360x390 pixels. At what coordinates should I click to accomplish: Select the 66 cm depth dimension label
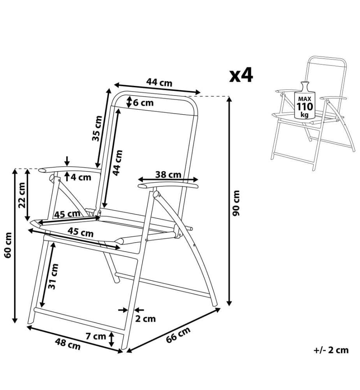pyautogui.click(x=178, y=335)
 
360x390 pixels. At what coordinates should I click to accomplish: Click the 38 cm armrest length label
pyautogui.click(x=168, y=175)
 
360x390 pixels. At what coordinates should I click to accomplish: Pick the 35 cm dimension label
pyautogui.click(x=97, y=128)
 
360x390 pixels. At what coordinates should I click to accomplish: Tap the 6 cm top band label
pyautogui.click(x=143, y=103)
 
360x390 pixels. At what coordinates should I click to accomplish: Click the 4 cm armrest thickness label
pyautogui.click(x=81, y=177)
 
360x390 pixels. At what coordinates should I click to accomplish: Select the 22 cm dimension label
pyautogui.click(x=22, y=195)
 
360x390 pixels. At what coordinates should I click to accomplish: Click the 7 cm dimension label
pyautogui.click(x=96, y=336)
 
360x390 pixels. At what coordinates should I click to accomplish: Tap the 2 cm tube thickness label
pyautogui.click(x=145, y=319)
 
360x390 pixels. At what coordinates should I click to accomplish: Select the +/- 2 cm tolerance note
pyautogui.click(x=331, y=350)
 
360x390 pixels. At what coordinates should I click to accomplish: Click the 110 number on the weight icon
pyautogui.click(x=305, y=107)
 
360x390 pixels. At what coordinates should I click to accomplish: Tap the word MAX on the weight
pyautogui.click(x=305, y=99)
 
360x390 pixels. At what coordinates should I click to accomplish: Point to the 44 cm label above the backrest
pyautogui.click(x=159, y=82)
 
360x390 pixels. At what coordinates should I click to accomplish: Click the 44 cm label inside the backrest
pyautogui.click(x=118, y=163)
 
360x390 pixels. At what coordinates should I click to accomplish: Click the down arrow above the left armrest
pyautogui.click(x=67, y=161)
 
